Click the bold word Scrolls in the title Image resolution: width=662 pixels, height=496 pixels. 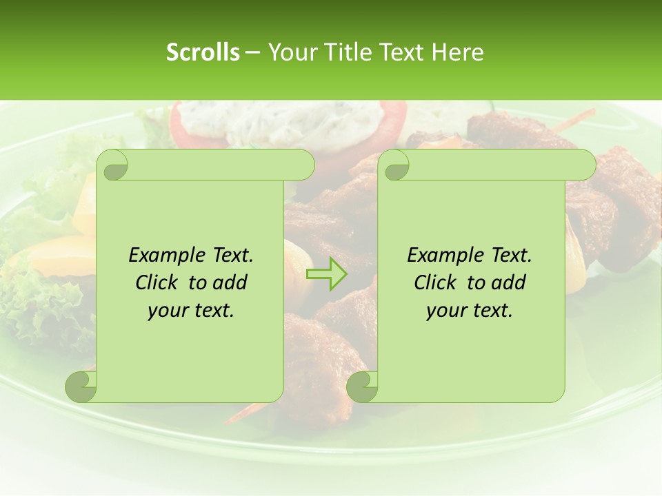[x=203, y=52]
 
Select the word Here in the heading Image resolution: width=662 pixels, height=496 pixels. [x=458, y=52]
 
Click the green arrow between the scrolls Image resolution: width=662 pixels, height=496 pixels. [x=327, y=274]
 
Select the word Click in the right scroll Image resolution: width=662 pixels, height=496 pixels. [x=437, y=282]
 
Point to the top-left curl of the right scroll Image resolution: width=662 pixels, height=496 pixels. [x=395, y=165]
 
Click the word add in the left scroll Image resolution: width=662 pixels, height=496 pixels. [x=231, y=282]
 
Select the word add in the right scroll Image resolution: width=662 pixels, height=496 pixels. [x=510, y=282]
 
